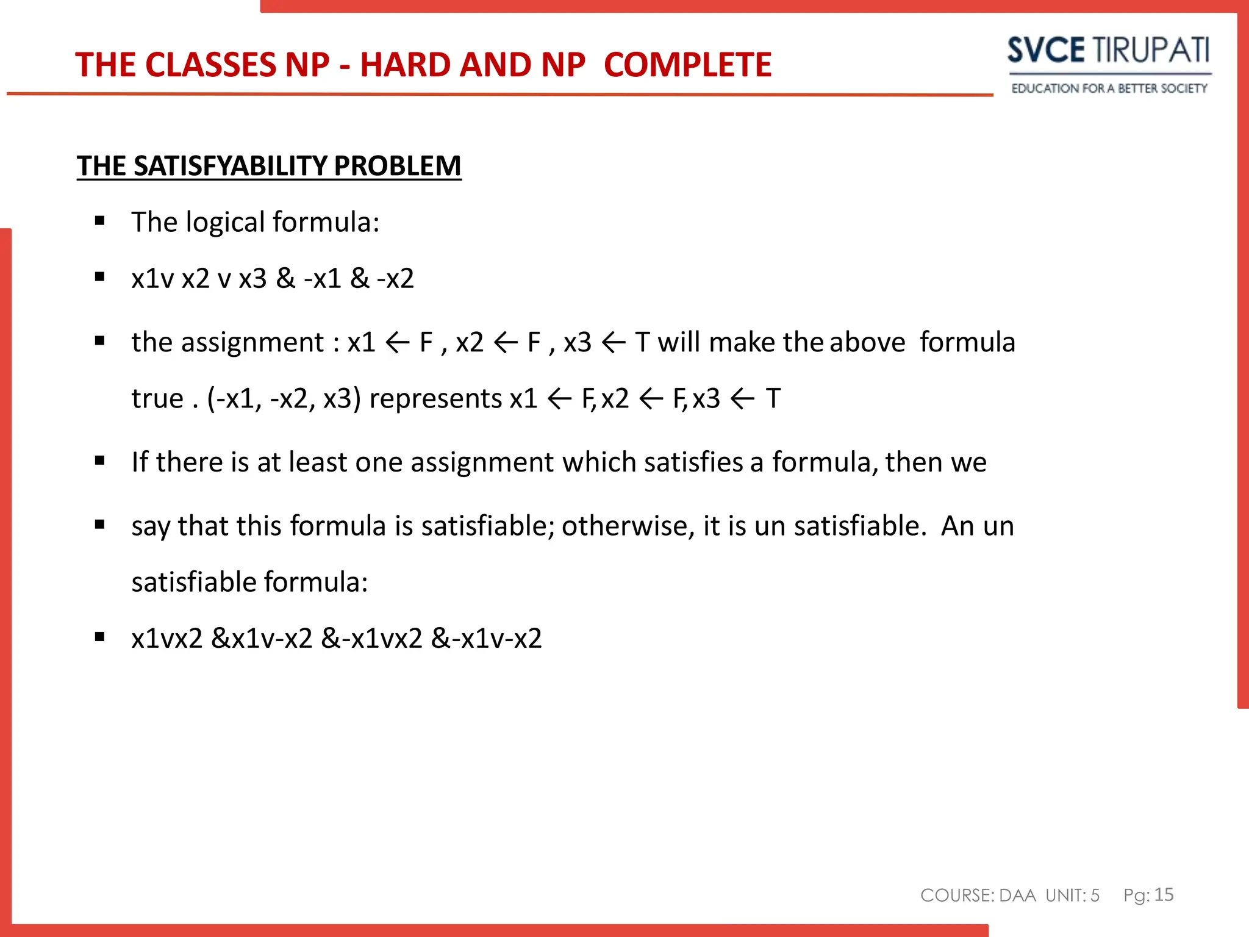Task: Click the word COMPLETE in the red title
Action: coord(687,65)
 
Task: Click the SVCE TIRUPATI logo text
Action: coord(1108,50)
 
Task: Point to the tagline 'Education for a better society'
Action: coord(1109,88)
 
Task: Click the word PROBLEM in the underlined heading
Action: coord(397,166)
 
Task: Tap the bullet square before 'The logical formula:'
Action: coord(100,221)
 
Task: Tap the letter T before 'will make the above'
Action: coord(642,342)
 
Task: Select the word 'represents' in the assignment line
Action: coord(435,399)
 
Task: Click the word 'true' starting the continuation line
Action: coord(157,399)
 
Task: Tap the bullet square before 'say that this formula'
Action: coord(100,525)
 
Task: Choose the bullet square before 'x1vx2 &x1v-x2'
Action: coord(100,637)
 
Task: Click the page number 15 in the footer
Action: coord(1164,894)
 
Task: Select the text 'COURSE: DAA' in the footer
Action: coord(978,895)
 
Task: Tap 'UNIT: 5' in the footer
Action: coord(1072,895)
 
